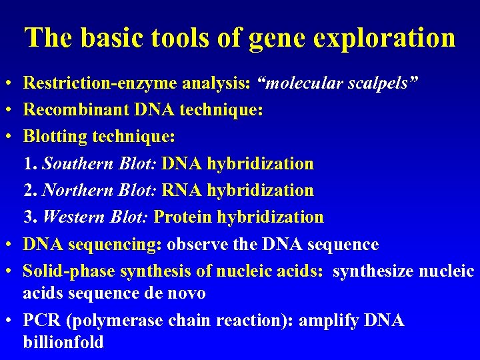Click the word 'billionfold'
point(63,343)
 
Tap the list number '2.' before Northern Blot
point(31,190)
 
